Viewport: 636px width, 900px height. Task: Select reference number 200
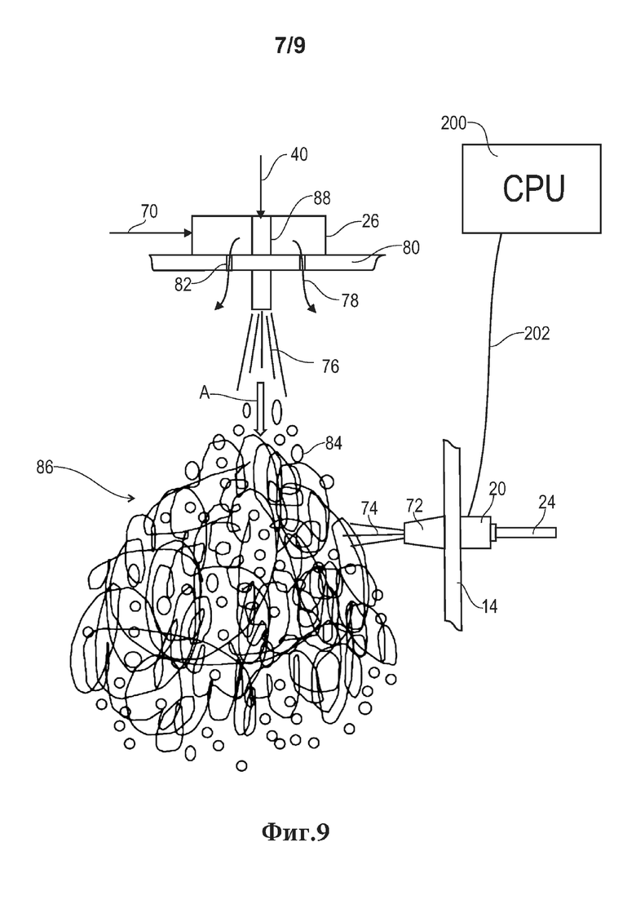click(x=453, y=123)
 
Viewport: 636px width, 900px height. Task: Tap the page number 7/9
click(x=290, y=47)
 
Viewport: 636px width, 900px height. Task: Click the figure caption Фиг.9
click(x=296, y=831)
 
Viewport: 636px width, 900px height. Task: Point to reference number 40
click(x=298, y=154)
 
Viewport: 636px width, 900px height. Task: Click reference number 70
click(x=148, y=212)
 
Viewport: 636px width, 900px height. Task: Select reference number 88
click(x=322, y=198)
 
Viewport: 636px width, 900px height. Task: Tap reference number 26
click(x=371, y=221)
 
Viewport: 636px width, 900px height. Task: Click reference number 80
click(x=411, y=247)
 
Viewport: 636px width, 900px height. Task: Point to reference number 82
click(x=183, y=285)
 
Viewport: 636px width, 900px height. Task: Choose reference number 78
click(x=350, y=299)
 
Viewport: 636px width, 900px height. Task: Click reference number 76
click(x=330, y=366)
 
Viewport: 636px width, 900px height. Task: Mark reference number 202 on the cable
click(x=537, y=334)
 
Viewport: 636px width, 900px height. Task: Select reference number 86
click(x=45, y=468)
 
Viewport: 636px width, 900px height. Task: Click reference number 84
click(x=333, y=444)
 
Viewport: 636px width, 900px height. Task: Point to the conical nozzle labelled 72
click(x=425, y=533)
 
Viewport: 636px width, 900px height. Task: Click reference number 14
click(x=489, y=605)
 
